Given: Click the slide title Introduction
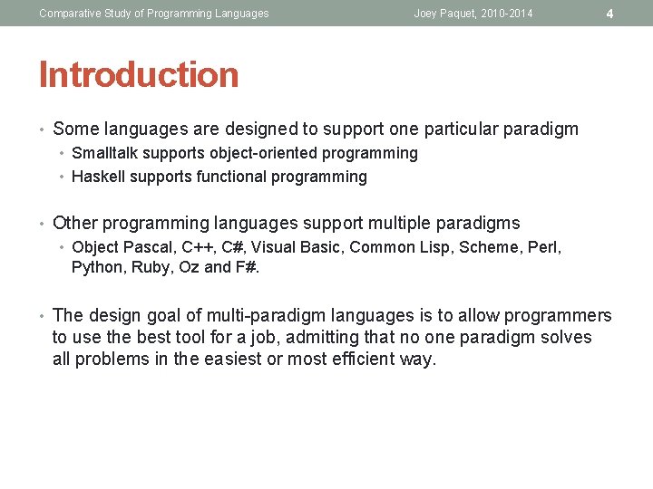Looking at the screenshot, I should (139, 75).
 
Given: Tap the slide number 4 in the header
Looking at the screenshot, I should (609, 14).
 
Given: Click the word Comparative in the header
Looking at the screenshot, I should (71, 14).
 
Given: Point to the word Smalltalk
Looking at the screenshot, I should (102, 154).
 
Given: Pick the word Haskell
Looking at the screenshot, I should (98, 177).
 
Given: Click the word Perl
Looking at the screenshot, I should (542, 246).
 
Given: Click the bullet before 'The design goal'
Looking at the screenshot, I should (43, 316).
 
